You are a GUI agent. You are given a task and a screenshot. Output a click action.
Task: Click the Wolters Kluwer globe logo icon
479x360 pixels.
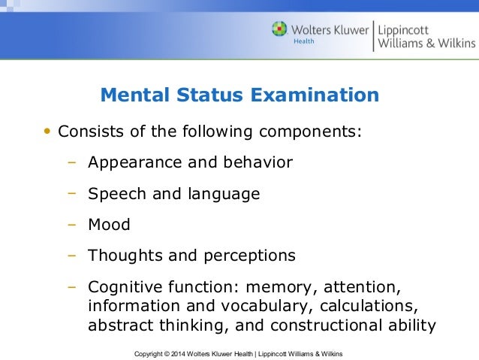280,30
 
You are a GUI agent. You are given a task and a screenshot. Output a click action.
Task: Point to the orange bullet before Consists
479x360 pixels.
47,132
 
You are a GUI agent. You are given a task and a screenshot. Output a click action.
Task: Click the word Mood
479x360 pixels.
109,224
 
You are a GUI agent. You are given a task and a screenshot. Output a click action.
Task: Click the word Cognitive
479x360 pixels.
123,287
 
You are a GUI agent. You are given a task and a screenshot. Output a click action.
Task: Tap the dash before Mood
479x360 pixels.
72,224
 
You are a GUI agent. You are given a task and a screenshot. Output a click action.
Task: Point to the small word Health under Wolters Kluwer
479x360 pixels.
303,41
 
